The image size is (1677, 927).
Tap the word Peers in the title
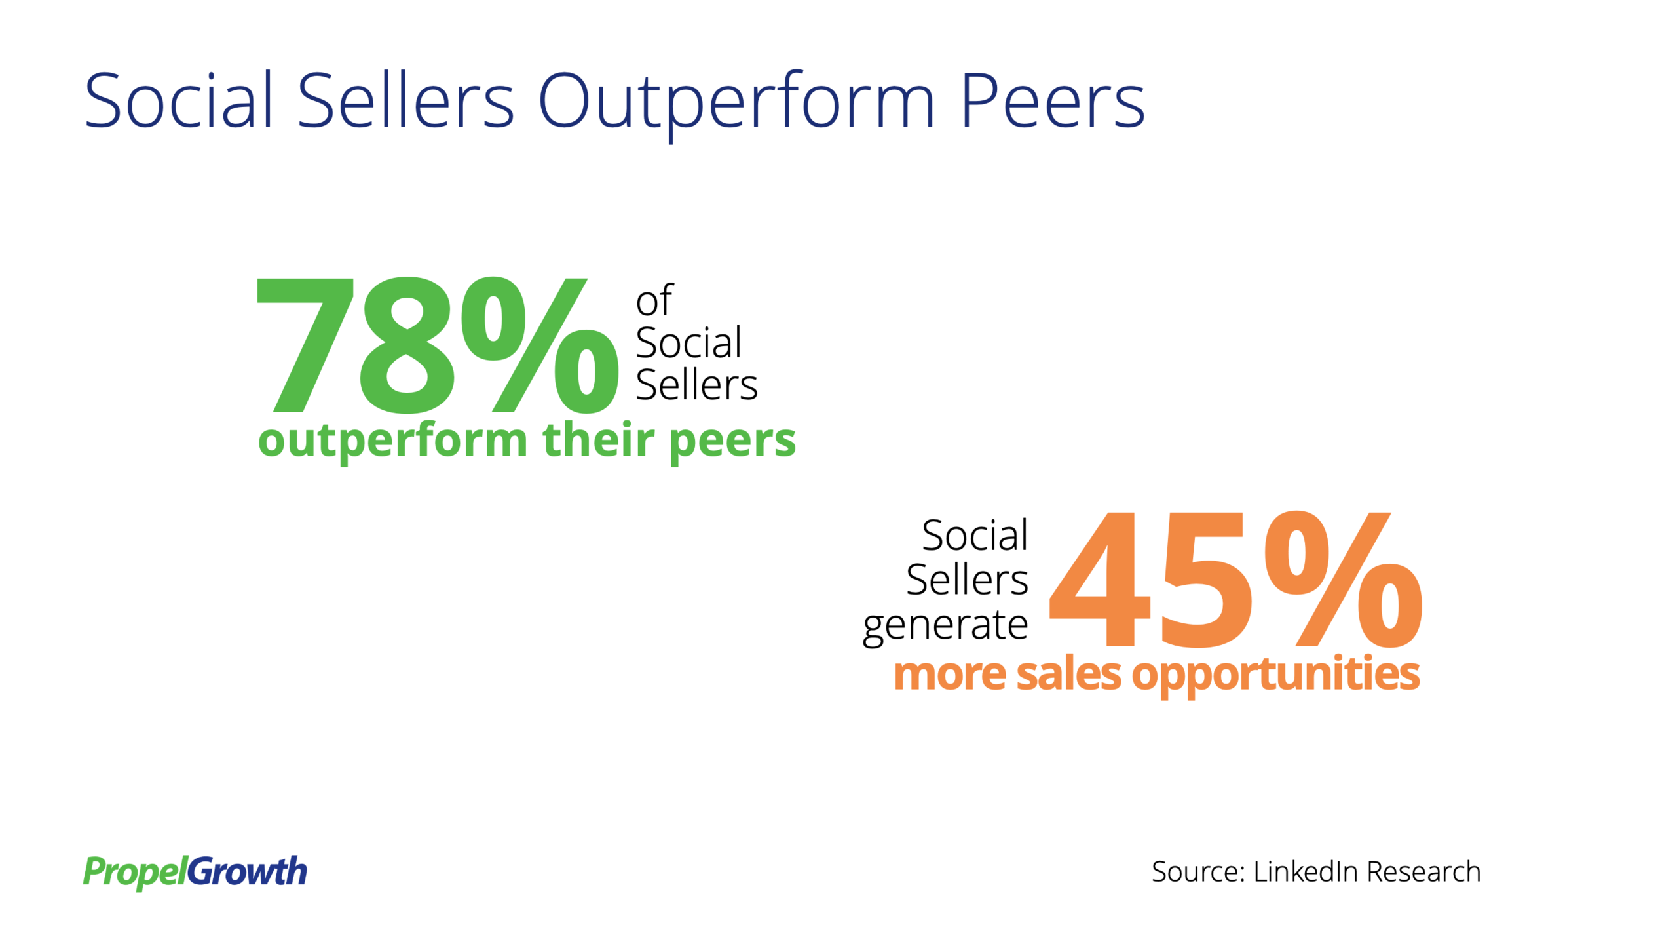(x=1053, y=100)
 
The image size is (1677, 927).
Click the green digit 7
(x=305, y=345)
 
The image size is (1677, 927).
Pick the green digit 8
(x=407, y=345)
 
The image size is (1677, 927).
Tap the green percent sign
(x=540, y=345)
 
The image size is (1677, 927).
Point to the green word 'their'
(x=599, y=439)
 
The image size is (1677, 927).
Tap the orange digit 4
(x=1100, y=580)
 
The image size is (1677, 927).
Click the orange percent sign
(x=1343, y=580)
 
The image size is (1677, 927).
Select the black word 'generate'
(x=945, y=625)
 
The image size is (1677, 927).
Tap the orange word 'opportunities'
(x=1275, y=676)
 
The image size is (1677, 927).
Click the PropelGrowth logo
(x=195, y=872)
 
